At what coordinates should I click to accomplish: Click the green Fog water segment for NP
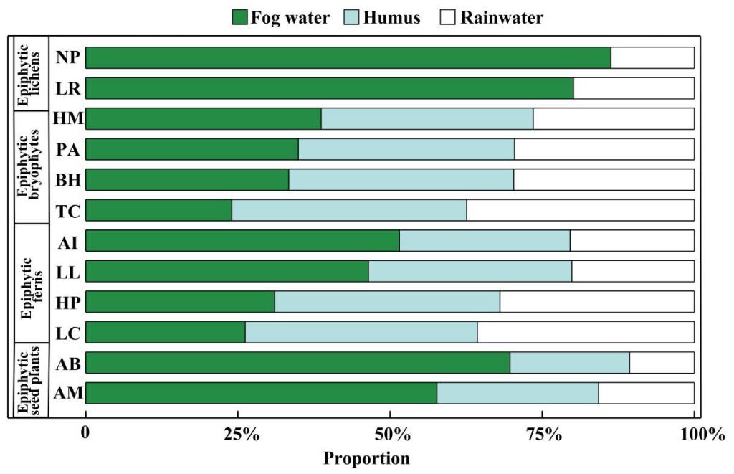coord(348,57)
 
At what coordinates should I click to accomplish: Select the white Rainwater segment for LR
coord(634,88)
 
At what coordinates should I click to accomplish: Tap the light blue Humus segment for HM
coord(427,118)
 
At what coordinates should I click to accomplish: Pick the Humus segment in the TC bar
coord(349,210)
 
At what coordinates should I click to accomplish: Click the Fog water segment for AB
coord(297,363)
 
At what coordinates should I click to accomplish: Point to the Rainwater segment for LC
coord(586,332)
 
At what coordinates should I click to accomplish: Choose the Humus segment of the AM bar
coord(518,393)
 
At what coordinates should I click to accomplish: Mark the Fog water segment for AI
coord(242,241)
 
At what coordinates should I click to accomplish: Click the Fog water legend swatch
coord(239,17)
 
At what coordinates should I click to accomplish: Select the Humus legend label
coord(391,17)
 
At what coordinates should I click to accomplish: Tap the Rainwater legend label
coord(502,17)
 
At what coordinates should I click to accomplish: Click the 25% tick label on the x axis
coord(239,435)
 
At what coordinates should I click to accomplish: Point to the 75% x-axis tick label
coord(543,435)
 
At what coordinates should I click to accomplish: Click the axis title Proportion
coord(367,458)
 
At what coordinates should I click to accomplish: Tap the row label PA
coord(69,149)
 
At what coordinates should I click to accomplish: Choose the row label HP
coord(69,302)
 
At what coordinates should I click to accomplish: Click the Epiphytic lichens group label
coord(30,73)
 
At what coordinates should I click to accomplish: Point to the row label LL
coord(69,271)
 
